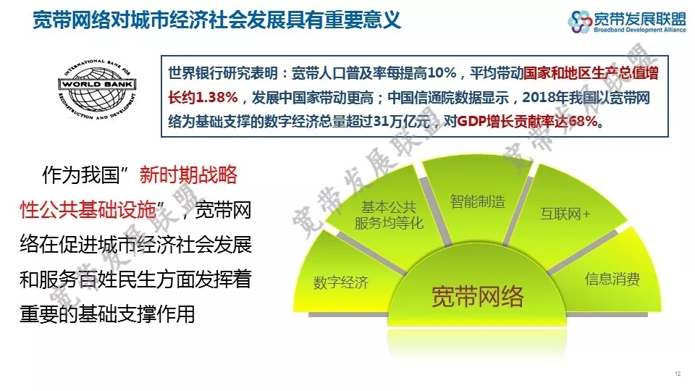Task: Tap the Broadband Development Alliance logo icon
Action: [580, 22]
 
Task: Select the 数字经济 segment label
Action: [341, 282]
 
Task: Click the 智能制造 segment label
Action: [478, 201]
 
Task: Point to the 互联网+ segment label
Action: [565, 214]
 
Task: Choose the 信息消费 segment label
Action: [612, 279]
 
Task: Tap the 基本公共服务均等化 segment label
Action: [389, 215]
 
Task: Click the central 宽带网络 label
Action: [477, 297]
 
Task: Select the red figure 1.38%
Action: [216, 97]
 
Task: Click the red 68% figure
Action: [584, 121]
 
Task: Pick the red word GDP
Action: [471, 121]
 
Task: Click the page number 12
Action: [678, 374]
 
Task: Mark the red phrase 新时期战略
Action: [188, 175]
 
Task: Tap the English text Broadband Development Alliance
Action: [639, 30]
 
